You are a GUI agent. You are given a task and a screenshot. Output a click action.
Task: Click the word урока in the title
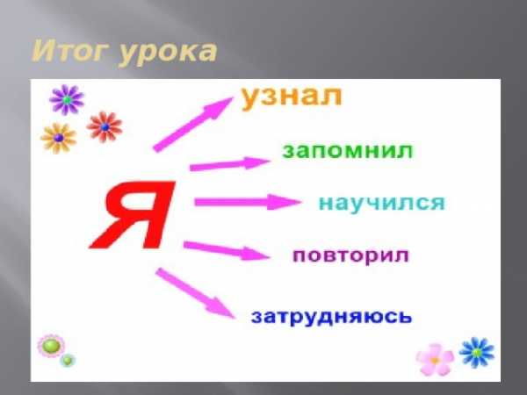pyautogui.click(x=168, y=54)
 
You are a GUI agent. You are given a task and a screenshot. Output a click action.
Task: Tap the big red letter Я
pyautogui.click(x=133, y=215)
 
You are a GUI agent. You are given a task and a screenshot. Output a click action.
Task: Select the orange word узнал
pyautogui.click(x=292, y=97)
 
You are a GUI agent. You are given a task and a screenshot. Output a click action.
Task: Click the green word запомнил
pyautogui.click(x=347, y=151)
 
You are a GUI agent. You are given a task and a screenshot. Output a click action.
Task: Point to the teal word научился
pyautogui.click(x=382, y=203)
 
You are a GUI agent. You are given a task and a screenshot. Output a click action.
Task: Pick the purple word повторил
pyautogui.click(x=350, y=256)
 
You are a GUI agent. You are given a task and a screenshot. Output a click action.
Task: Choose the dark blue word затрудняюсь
pyautogui.click(x=331, y=316)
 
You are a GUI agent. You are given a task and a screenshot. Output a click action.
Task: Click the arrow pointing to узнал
pyautogui.click(x=193, y=125)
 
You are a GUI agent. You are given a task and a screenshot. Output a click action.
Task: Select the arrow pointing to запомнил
pyautogui.click(x=230, y=164)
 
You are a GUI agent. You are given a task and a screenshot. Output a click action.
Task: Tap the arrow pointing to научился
pyautogui.click(x=248, y=202)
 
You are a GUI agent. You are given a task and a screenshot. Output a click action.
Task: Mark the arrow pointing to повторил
pyautogui.click(x=227, y=250)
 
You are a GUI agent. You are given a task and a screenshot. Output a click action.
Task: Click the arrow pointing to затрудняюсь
pyautogui.click(x=195, y=293)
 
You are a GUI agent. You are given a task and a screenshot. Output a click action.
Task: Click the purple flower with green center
pyautogui.click(x=67, y=100)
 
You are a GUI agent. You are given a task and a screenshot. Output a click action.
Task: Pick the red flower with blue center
pyautogui.click(x=105, y=127)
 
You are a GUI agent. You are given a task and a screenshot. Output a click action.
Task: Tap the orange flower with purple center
pyautogui.click(x=59, y=138)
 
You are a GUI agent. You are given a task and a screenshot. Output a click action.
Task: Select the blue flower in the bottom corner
pyautogui.click(x=477, y=352)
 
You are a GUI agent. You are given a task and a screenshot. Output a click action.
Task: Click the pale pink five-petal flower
pyautogui.click(x=435, y=360)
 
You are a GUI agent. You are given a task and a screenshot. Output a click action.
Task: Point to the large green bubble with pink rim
pyautogui.click(x=51, y=346)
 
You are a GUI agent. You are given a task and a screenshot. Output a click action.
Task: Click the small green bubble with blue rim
pyautogui.click(x=68, y=361)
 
